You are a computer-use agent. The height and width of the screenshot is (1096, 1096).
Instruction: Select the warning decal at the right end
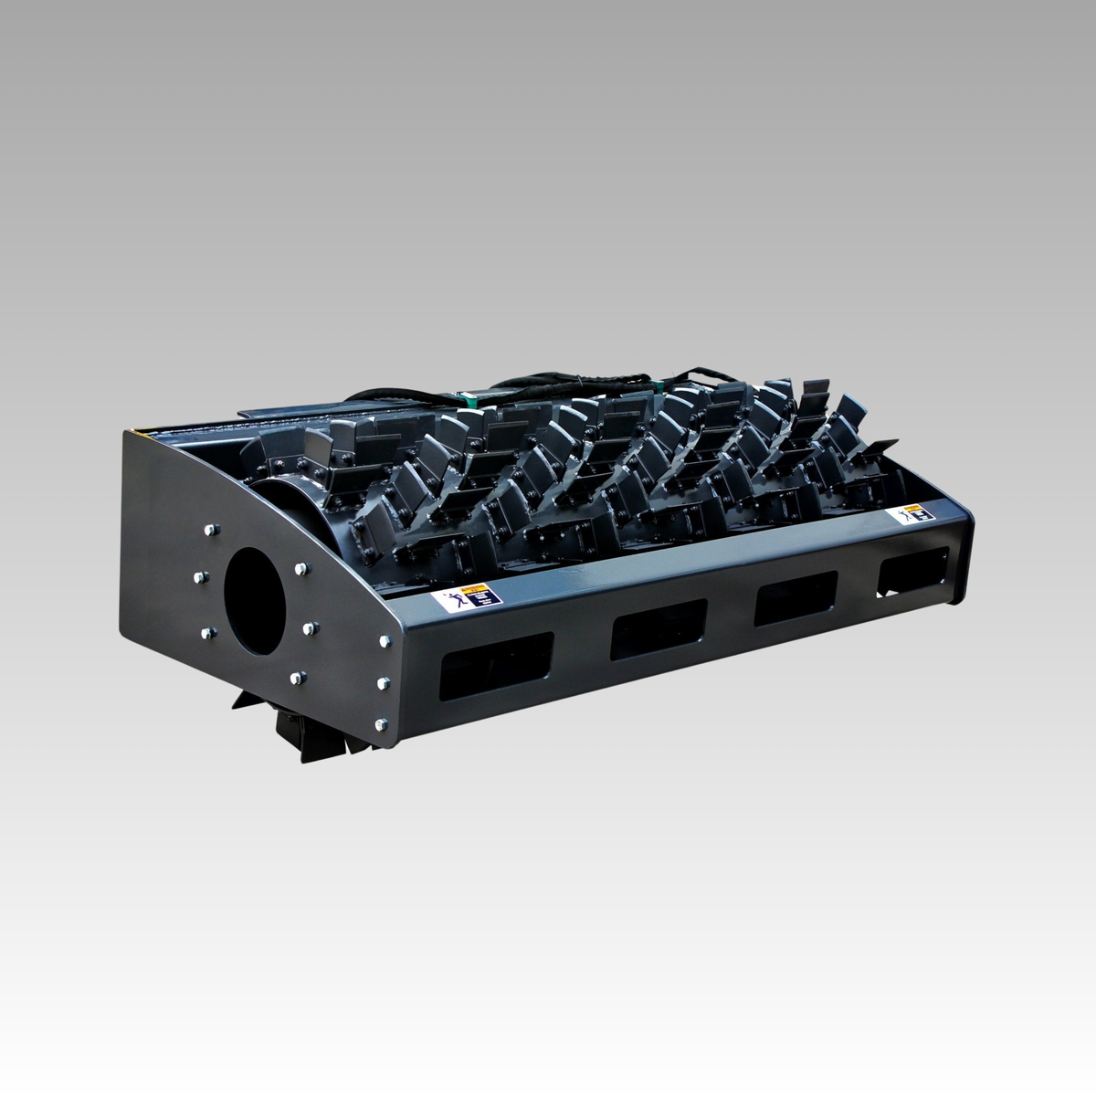coord(909,518)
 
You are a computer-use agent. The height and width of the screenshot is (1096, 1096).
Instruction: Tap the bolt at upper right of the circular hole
coord(299,569)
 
